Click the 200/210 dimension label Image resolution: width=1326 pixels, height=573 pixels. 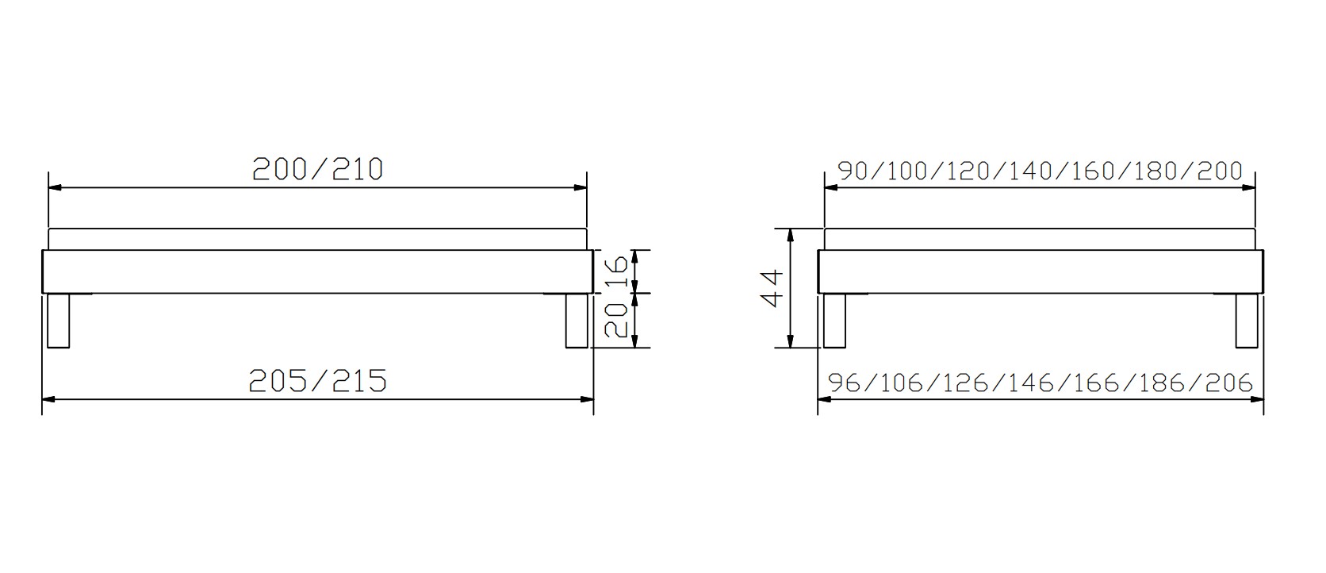318,170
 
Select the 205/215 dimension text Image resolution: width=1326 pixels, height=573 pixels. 318,381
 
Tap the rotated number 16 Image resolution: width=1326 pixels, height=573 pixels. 616,271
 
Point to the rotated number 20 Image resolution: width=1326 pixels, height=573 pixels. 616,320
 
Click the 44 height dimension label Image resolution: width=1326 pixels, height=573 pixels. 772,289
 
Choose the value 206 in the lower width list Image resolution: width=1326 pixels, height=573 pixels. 1229,383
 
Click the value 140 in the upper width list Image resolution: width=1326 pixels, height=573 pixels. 1030,171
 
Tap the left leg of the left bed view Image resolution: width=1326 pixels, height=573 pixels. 58,321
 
